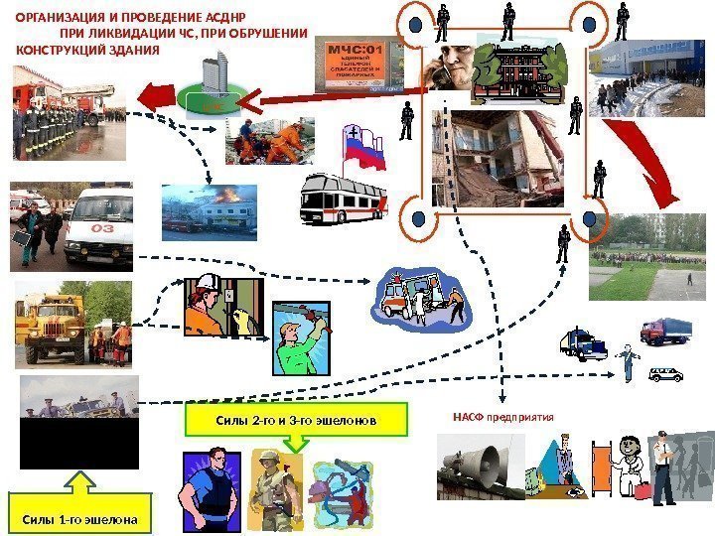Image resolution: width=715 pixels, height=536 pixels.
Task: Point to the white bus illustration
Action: click(x=343, y=199)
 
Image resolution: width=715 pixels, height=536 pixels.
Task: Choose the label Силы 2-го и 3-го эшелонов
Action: click(x=296, y=420)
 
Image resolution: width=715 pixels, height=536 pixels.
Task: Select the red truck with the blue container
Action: click(x=663, y=331)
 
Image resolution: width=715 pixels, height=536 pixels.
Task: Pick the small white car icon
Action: click(x=665, y=374)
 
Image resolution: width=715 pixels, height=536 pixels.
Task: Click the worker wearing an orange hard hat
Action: click(x=208, y=307)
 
